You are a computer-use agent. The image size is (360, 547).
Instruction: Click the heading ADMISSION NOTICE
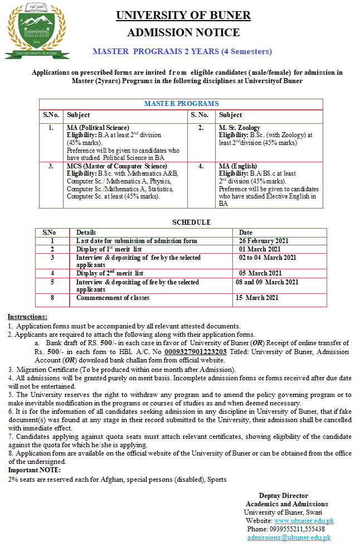click(183, 32)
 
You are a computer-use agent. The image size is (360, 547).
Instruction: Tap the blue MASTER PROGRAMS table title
click(181, 104)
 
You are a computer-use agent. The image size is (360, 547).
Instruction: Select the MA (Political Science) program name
click(98, 128)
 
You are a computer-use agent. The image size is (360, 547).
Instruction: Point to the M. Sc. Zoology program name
click(240, 128)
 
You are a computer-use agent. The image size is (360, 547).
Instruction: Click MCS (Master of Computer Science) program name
click(109, 166)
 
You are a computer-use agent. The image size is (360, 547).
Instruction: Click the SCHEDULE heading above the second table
click(191, 222)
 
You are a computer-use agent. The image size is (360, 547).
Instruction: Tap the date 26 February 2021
click(265, 241)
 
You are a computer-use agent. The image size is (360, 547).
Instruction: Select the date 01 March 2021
click(260, 249)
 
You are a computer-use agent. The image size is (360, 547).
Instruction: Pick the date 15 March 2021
click(256, 298)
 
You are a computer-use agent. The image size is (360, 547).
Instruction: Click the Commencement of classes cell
click(113, 298)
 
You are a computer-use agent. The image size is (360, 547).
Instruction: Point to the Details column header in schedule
click(86, 233)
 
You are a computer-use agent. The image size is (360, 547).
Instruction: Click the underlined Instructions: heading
click(27, 317)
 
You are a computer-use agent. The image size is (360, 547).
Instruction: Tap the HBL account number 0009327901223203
click(195, 352)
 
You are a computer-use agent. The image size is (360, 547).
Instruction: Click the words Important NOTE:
click(31, 470)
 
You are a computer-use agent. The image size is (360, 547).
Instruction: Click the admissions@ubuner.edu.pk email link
click(289, 538)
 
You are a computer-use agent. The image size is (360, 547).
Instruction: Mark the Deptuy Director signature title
click(283, 496)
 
